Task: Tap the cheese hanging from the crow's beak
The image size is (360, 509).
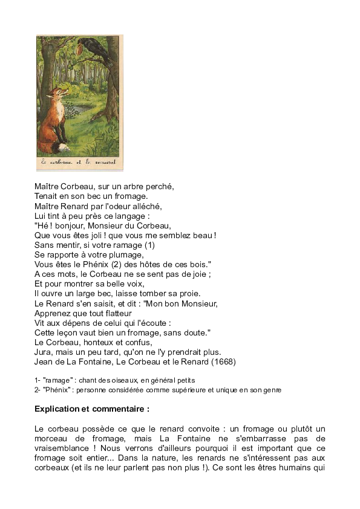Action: coord(81,46)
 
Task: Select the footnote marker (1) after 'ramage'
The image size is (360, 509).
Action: coord(149,245)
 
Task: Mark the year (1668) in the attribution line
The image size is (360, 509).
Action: coord(223,361)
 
